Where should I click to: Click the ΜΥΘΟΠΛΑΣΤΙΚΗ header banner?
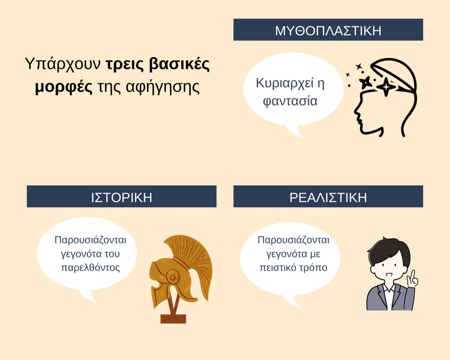point(328,29)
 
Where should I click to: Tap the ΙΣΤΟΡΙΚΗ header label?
point(121,198)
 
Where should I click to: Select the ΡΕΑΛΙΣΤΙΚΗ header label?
point(328,198)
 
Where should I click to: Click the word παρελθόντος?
point(91,268)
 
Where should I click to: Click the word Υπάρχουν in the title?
point(62,64)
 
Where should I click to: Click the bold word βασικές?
point(180,64)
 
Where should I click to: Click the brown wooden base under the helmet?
point(173,319)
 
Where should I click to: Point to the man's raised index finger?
point(413,274)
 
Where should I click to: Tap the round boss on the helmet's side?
point(172,277)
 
